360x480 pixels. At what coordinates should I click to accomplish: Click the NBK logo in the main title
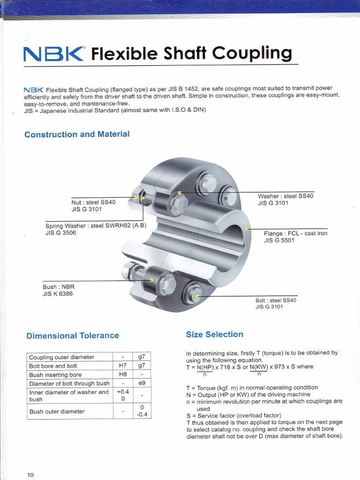tap(54, 55)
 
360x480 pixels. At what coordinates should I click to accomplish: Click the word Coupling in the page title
tap(252, 54)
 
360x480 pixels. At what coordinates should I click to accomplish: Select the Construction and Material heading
tap(77, 135)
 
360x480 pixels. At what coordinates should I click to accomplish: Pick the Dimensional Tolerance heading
tap(73, 336)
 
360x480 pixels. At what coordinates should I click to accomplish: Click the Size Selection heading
tap(214, 334)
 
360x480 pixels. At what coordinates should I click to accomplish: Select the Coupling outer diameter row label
tap(61, 357)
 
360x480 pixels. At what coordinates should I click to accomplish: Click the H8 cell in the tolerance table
tap(122, 375)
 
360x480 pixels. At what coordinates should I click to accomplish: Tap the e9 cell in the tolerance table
tap(142, 383)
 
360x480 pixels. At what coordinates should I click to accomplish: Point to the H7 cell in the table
tap(122, 366)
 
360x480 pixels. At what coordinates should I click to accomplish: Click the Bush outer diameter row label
tap(57, 412)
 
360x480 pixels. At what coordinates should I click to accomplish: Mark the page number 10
tap(30, 475)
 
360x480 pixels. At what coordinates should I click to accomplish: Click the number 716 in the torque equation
tap(225, 367)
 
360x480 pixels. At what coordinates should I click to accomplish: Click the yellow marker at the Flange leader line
tap(247, 229)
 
